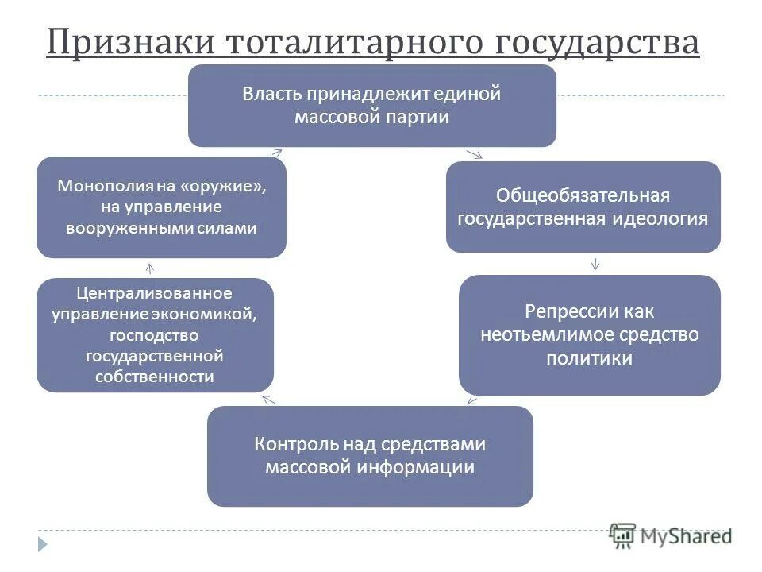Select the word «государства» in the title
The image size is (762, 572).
[598, 42]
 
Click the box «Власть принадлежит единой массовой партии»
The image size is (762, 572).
[371, 106]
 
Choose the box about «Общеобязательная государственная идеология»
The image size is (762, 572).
[583, 207]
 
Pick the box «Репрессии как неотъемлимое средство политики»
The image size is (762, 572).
[589, 334]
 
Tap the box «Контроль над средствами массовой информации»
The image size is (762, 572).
[370, 456]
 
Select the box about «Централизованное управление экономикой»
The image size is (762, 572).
[155, 334]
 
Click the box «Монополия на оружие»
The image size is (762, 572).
[161, 207]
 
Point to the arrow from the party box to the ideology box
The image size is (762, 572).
[475, 153]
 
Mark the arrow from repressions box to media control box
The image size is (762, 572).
[471, 400]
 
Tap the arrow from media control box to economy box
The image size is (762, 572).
[267, 399]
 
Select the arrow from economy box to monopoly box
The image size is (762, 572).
[150, 269]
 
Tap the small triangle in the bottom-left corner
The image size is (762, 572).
[42, 544]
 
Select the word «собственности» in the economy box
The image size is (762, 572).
[155, 377]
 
